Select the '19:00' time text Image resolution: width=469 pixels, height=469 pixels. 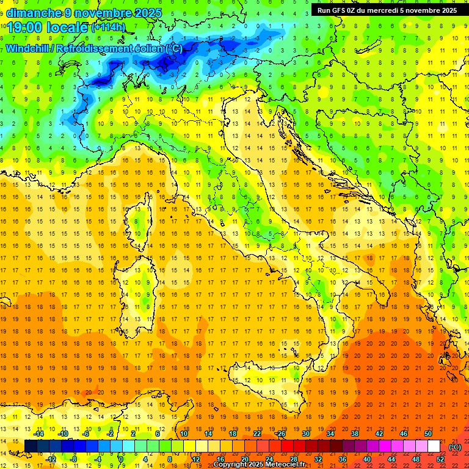pos(24,27)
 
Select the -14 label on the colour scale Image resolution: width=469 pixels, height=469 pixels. pos(38,434)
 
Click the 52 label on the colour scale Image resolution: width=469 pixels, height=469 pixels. pos(440,459)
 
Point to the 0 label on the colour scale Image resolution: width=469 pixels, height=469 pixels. pos(122,459)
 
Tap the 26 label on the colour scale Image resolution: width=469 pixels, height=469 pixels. pos(281,434)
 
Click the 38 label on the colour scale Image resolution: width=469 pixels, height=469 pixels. pos(354,434)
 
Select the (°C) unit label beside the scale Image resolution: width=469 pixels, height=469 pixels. pos(455,446)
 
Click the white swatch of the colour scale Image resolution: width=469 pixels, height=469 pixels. pos(434,446)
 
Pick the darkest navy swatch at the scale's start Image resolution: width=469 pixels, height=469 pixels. pos(31,446)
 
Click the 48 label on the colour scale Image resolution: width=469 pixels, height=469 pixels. pos(416,459)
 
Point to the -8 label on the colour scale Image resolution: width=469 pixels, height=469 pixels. pos(74,459)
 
